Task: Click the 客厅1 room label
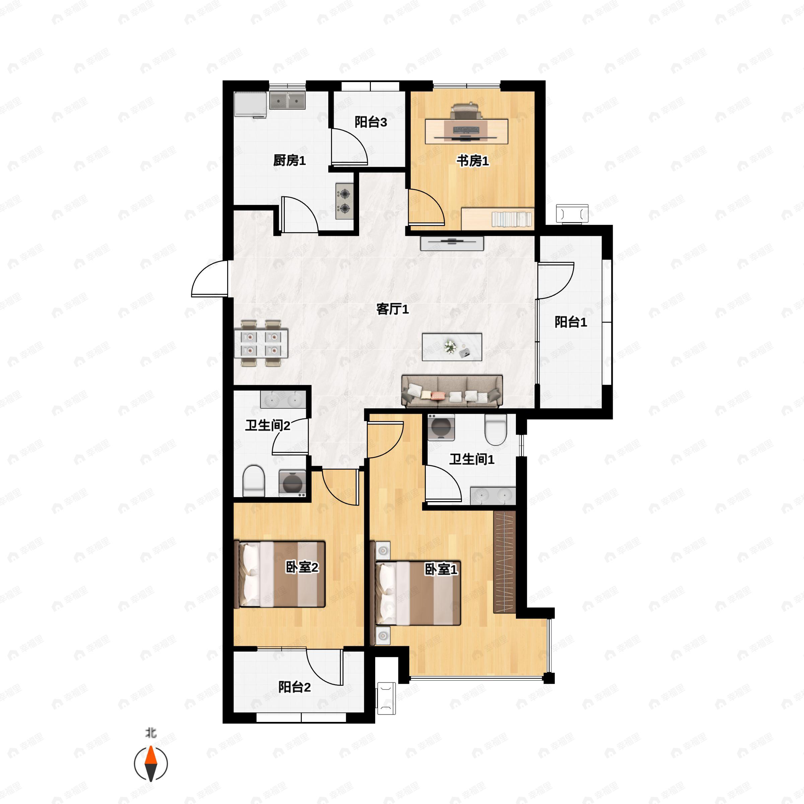[x=392, y=309]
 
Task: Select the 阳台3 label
[x=371, y=122]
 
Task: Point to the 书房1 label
[x=473, y=161]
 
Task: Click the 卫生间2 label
[x=268, y=425]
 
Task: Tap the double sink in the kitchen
[x=287, y=100]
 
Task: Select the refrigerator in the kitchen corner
[x=251, y=105]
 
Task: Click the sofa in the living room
[x=452, y=391]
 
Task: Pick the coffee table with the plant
[x=452, y=347]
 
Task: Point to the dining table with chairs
[x=261, y=343]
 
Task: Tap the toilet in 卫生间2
[x=254, y=481]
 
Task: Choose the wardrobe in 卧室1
[x=505, y=562]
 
